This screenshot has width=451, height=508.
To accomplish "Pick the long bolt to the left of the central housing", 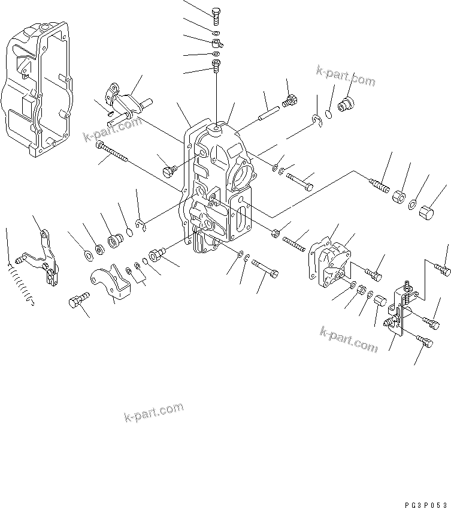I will pos(113,153).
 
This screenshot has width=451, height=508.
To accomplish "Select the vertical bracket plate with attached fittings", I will pos(398,309).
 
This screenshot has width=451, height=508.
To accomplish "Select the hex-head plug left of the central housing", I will pos(169,172).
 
